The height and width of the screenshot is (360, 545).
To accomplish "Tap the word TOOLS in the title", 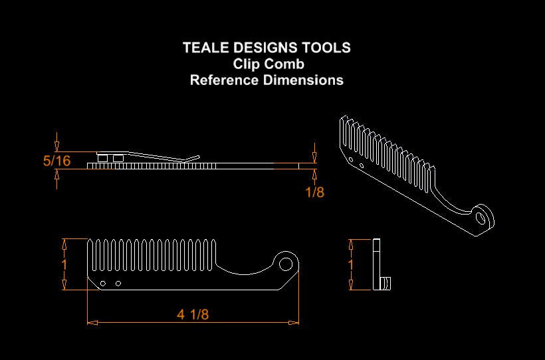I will (x=326, y=48).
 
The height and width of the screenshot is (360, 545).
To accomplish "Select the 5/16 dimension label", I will (x=56, y=161).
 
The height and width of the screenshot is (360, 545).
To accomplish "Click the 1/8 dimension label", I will (x=314, y=192).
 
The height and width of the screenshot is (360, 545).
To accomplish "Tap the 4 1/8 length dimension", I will (x=193, y=315).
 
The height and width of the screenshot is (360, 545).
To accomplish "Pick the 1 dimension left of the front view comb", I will (x=64, y=264).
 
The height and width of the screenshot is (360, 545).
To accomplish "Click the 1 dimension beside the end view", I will (x=351, y=264).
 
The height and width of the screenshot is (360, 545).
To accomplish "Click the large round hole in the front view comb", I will (x=286, y=264).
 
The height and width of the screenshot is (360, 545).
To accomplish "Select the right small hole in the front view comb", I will (x=118, y=284).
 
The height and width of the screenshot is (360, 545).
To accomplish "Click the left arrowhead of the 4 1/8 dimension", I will (x=92, y=322).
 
